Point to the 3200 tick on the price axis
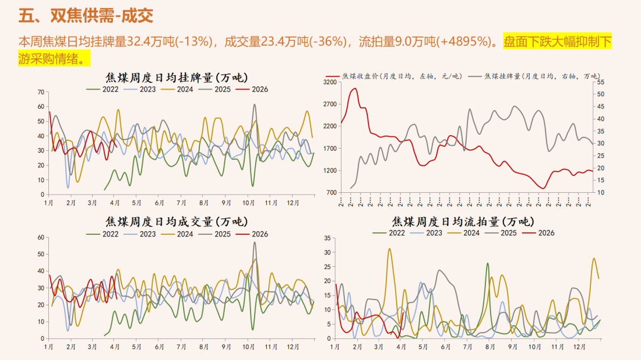330,82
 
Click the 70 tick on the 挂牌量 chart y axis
41,92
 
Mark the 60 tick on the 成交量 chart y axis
41,237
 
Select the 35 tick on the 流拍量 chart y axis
326,238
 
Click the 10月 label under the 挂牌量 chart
248,203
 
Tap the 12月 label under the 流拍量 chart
578,347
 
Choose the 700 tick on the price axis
332,192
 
